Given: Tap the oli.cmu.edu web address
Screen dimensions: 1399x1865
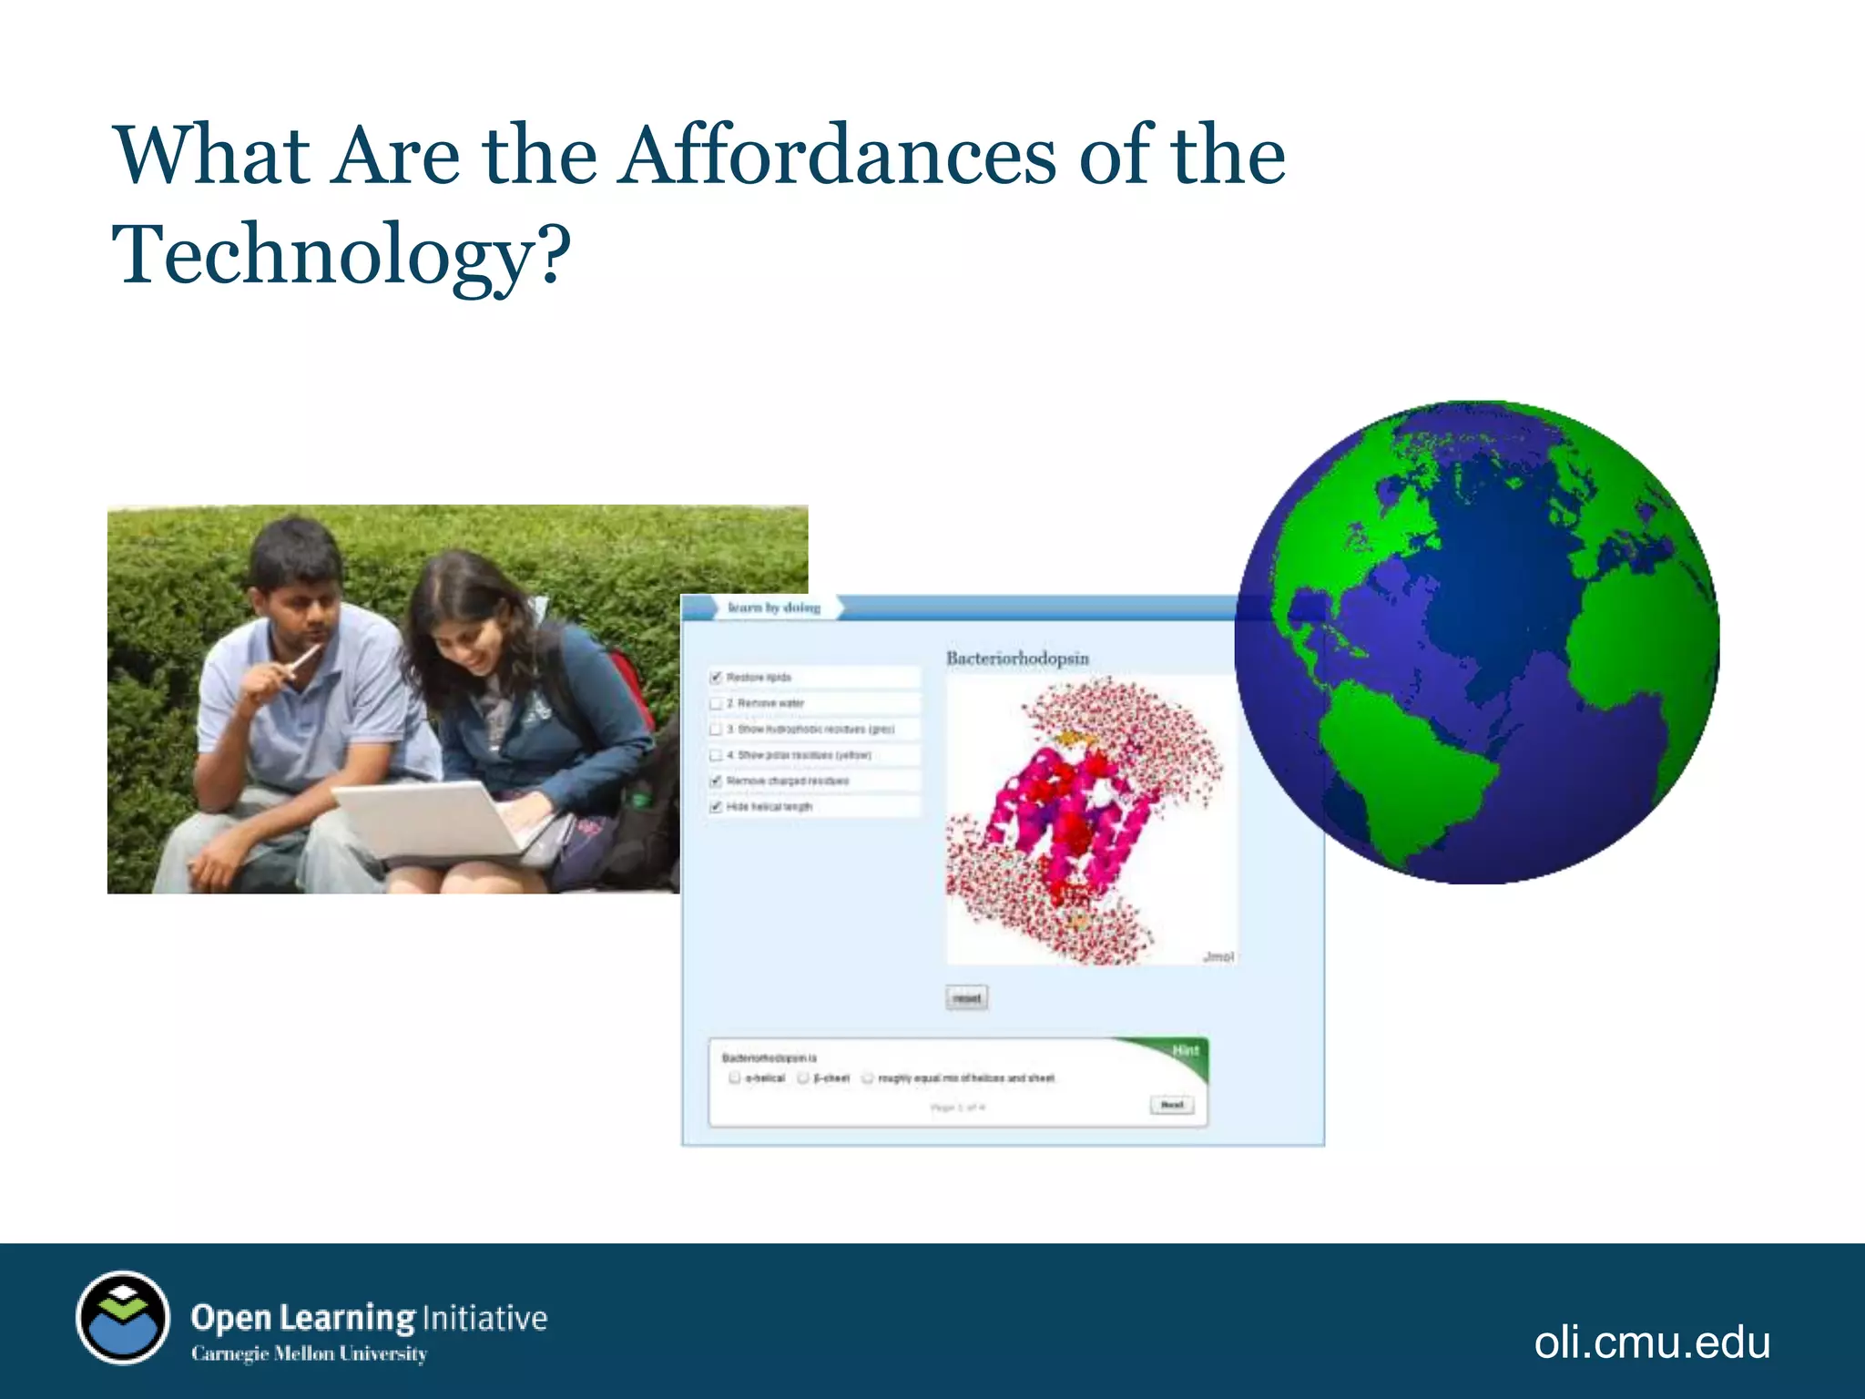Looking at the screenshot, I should click(1651, 1342).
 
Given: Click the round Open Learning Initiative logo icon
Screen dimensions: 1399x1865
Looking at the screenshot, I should click(123, 1317).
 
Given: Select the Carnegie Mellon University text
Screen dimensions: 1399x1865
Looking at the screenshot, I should click(309, 1353).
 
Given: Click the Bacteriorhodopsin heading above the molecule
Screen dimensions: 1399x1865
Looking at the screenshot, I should click(1017, 658).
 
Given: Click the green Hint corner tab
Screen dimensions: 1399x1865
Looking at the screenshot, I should click(1185, 1051).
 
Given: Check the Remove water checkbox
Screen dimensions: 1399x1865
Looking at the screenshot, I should click(716, 703).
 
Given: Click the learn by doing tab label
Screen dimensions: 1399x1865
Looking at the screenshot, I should click(773, 608).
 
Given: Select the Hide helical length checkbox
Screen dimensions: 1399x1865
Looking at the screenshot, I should click(716, 807).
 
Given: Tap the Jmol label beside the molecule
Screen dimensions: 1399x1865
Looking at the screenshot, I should click(1218, 956).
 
